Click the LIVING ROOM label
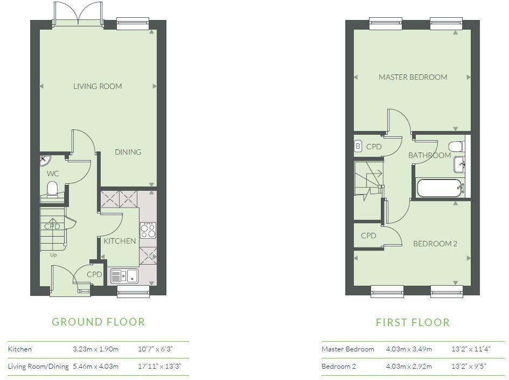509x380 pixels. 97,86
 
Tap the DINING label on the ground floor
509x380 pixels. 128,152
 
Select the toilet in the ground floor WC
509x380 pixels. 52,189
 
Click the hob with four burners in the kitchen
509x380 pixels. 148,231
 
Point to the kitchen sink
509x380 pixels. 124,276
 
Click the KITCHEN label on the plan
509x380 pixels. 120,241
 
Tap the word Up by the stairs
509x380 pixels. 53,255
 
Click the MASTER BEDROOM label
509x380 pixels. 413,77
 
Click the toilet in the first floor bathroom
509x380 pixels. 456,146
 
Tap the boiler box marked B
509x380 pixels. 358,146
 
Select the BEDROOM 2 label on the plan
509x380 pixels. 435,244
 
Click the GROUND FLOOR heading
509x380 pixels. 98,322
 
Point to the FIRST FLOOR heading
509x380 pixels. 413,322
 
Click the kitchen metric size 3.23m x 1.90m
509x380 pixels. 95,349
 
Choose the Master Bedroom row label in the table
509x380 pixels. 347,349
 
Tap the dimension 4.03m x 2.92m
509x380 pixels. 409,367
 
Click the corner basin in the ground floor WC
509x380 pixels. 44,160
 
